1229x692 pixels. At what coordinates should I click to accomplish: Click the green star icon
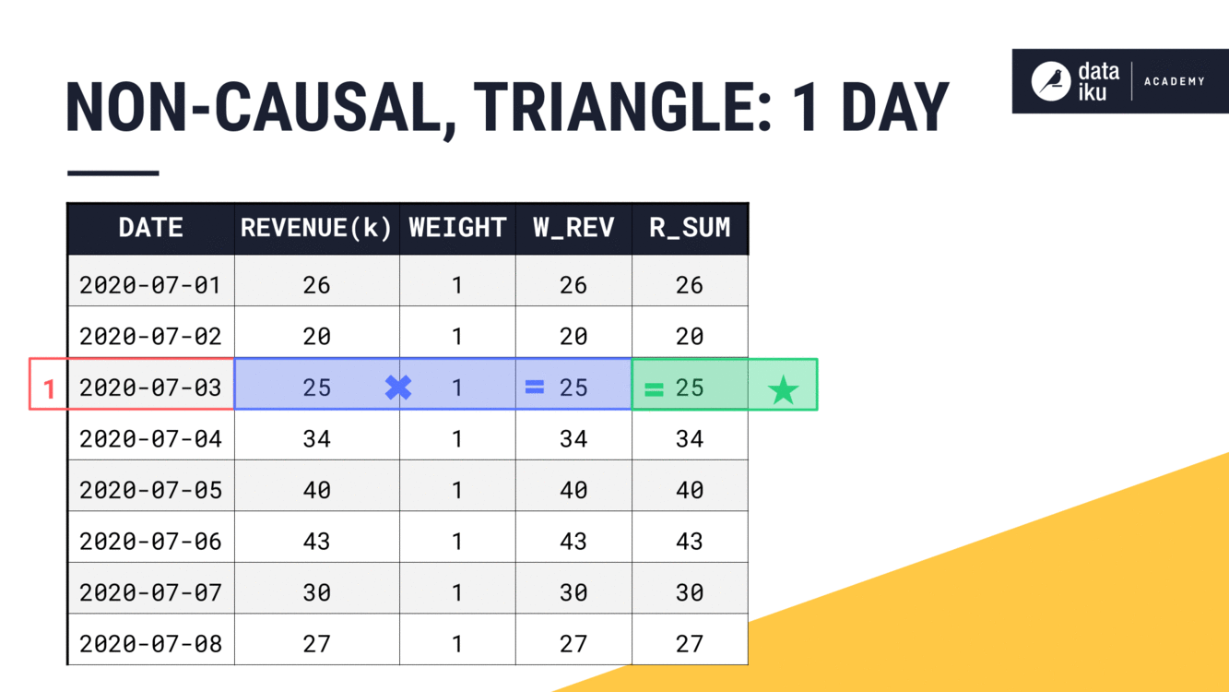pyautogui.click(x=783, y=390)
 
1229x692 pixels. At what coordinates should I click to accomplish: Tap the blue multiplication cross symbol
pyautogui.click(x=398, y=388)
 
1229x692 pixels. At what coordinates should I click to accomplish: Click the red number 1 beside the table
pyautogui.click(x=50, y=389)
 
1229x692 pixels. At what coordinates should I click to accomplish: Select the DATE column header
pyautogui.click(x=150, y=228)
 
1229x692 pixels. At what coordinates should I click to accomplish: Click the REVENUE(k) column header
pyautogui.click(x=316, y=228)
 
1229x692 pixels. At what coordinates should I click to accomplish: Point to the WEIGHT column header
pyautogui.click(x=457, y=228)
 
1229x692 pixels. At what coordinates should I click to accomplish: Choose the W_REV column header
pyautogui.click(x=573, y=228)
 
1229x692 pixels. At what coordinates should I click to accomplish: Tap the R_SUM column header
pyautogui.click(x=690, y=228)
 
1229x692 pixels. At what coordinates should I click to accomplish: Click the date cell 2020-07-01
pyautogui.click(x=150, y=285)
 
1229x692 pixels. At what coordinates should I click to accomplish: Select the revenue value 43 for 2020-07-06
pyautogui.click(x=316, y=541)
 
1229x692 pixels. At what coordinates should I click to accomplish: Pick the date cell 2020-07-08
pyautogui.click(x=150, y=643)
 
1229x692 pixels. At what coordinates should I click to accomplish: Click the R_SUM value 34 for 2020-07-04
pyautogui.click(x=690, y=438)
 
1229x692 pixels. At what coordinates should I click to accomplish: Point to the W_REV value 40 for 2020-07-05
pyautogui.click(x=573, y=490)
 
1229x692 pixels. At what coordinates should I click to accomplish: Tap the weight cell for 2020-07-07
pyautogui.click(x=457, y=592)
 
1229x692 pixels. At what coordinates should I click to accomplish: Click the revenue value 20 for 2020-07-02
pyautogui.click(x=316, y=336)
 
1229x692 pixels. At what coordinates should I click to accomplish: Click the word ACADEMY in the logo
pyautogui.click(x=1174, y=81)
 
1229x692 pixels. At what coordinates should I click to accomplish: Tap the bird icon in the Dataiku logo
pyautogui.click(x=1049, y=81)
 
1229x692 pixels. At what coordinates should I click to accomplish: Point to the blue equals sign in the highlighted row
pyautogui.click(x=535, y=388)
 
